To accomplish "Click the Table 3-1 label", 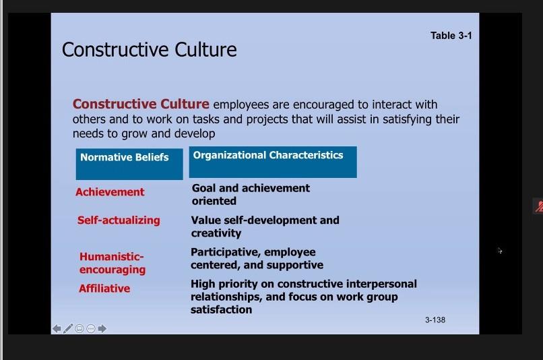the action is click(451, 36).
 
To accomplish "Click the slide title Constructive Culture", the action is click(150, 49).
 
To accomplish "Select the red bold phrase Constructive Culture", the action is click(141, 104).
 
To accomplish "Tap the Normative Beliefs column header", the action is click(129, 164).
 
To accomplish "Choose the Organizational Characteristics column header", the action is click(273, 162).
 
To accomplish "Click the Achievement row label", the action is click(110, 192).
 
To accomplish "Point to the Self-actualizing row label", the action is click(119, 220).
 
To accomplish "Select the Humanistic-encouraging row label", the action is click(113, 263).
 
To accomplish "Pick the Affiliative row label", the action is click(104, 289).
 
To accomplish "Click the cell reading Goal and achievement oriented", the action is click(251, 194).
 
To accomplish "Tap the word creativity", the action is click(216, 233).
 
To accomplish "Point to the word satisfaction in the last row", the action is click(221, 309).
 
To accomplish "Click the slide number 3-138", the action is click(435, 320).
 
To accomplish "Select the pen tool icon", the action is click(68, 328).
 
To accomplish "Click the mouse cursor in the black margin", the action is click(500, 251).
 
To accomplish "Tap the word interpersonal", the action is click(381, 284).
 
